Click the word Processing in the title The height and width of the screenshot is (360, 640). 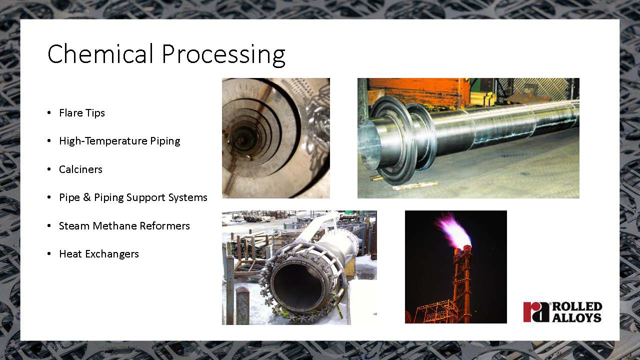click(223, 55)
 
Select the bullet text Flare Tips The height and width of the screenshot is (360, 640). click(82, 113)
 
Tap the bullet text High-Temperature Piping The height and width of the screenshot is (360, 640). click(119, 141)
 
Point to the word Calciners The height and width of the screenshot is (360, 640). click(80, 169)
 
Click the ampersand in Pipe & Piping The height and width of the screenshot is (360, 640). click(87, 197)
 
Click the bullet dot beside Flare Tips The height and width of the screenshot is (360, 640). click(49, 113)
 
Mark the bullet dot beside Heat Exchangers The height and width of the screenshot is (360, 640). click(49, 253)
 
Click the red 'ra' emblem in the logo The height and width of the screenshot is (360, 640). click(536, 312)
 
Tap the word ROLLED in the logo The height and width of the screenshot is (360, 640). click(577, 307)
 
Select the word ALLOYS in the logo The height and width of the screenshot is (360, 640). click(577, 317)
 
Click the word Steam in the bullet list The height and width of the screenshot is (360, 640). click(74, 226)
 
